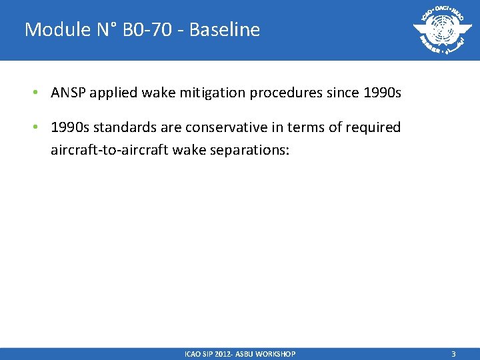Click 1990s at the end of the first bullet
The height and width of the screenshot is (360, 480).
[381, 93]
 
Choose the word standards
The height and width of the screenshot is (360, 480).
[118, 127]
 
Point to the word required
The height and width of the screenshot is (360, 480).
[375, 127]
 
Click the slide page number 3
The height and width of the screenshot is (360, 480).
[453, 354]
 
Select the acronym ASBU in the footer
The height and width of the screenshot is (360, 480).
[240, 354]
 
